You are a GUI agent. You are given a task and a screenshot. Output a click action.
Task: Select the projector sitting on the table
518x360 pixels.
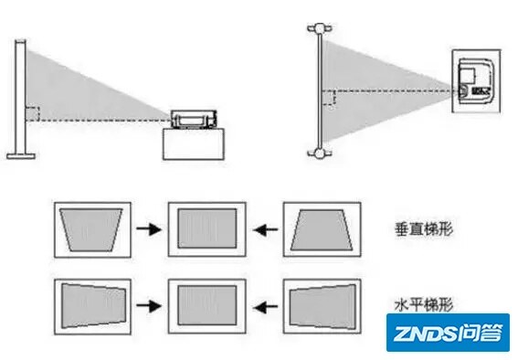pyautogui.click(x=194, y=120)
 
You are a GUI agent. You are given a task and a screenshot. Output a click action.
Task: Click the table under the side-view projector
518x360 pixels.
pyautogui.click(x=194, y=145)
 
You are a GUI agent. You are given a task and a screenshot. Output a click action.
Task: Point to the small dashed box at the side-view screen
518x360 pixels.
pyautogui.click(x=33, y=114)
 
